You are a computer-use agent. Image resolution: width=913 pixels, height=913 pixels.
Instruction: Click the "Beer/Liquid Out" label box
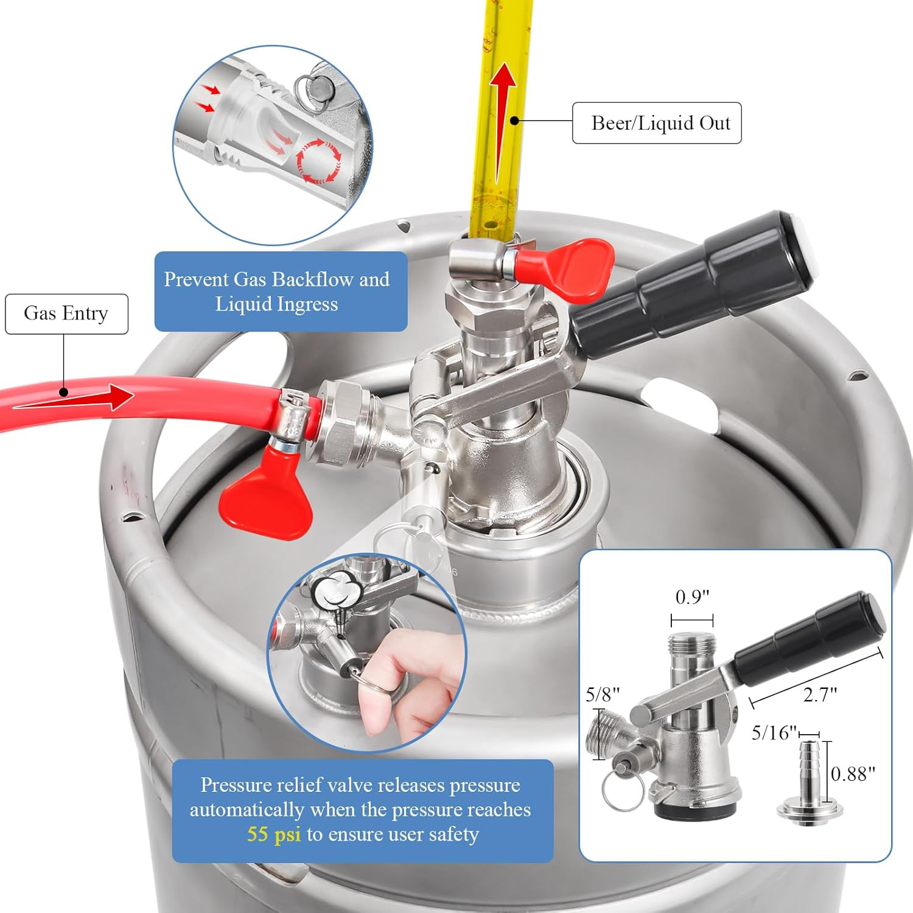(x=657, y=123)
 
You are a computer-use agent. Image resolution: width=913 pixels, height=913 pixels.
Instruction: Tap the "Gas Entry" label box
(x=66, y=313)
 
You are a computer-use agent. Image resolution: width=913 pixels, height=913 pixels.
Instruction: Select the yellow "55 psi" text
(x=273, y=834)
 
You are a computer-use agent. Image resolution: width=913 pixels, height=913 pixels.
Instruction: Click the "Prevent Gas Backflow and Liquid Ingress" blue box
(x=281, y=292)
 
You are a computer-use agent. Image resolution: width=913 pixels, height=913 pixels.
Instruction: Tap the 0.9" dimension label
(x=693, y=597)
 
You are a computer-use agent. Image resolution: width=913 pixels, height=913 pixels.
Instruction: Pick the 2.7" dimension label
(x=820, y=694)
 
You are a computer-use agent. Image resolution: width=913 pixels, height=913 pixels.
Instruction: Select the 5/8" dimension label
(x=603, y=694)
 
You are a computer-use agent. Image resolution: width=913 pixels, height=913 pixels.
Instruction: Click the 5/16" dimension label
(x=774, y=733)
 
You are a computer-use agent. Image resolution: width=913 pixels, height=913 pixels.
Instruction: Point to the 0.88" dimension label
(x=853, y=774)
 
